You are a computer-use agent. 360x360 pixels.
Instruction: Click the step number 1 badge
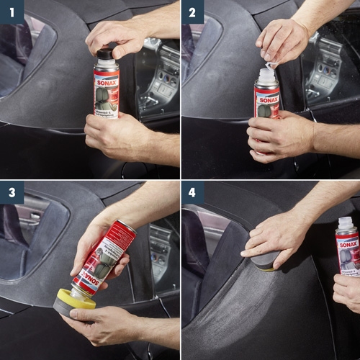12,12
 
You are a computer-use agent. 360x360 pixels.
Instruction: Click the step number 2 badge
192,12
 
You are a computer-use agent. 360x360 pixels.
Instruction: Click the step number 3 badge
12,192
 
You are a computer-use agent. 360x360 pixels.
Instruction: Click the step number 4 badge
192,192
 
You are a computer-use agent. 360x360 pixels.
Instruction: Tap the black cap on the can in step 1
105,54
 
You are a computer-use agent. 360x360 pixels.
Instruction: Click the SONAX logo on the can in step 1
107,74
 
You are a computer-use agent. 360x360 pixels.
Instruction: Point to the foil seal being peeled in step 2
269,64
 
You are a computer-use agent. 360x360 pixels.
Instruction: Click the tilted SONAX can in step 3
105,256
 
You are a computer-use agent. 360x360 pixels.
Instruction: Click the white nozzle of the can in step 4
346,223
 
